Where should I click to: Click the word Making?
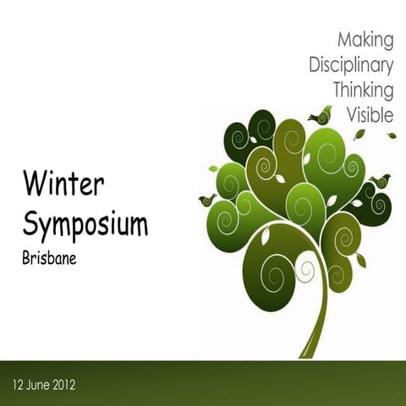tap(365, 40)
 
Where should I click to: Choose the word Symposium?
tap(85, 223)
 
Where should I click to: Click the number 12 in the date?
tap(19, 385)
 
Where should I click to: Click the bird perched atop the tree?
tap(321, 116)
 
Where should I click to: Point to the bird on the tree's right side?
tap(379, 181)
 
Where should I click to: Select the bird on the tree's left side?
tap(207, 200)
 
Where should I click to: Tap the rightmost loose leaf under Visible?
tap(391, 134)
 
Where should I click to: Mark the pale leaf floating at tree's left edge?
tap(213, 168)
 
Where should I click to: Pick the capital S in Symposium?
tap(30, 223)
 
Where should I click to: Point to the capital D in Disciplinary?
tap(315, 64)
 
